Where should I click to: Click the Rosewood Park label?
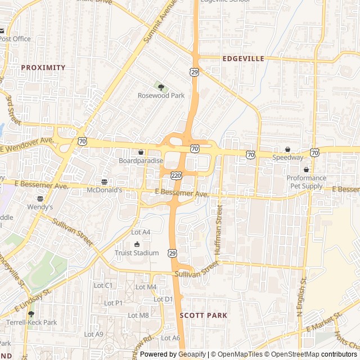161,96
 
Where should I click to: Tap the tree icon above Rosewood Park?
161,87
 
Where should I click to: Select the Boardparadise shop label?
141,161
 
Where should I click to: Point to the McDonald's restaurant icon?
105,182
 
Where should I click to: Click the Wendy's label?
40,207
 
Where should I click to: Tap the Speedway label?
288,157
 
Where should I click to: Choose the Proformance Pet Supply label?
306,182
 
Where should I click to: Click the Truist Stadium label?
137,253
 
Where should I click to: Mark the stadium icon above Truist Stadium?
137,244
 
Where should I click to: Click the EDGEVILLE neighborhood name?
243,58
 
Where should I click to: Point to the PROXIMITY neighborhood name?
43,67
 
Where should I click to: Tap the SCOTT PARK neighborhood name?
203,316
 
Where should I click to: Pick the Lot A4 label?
141,232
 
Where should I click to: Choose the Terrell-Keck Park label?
31,323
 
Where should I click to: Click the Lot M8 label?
138,316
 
